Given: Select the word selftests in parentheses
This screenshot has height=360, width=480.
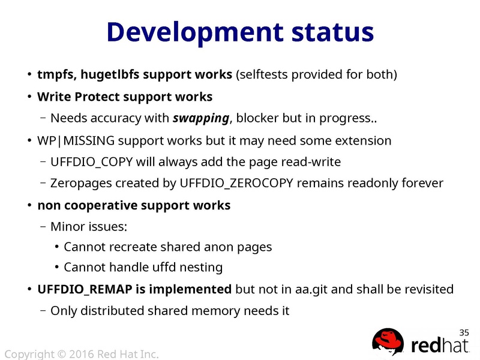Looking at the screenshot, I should click(266, 75).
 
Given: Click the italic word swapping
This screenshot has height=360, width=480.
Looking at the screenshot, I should click(200, 118).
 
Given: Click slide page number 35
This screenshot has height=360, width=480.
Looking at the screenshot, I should click(464, 332).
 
